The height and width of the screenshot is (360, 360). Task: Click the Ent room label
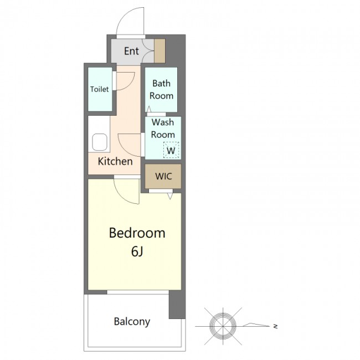131,51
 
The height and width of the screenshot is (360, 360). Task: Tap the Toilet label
99,89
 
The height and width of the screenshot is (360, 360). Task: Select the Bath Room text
161,90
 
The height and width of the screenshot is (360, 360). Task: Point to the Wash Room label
163,128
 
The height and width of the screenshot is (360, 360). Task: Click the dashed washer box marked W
171,150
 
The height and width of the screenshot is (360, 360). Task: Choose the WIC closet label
163,176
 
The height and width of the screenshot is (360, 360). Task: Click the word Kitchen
115,161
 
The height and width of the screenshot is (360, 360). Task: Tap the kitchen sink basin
100,142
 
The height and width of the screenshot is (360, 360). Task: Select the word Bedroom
137,233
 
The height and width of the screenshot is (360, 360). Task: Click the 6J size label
137,251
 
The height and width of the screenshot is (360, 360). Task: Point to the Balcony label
132,322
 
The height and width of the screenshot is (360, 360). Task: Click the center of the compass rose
223,326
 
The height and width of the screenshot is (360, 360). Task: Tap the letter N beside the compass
275,326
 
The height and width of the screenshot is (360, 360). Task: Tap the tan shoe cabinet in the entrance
160,51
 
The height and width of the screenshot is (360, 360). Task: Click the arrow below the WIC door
170,196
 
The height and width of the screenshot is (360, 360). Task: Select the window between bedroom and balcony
138,292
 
